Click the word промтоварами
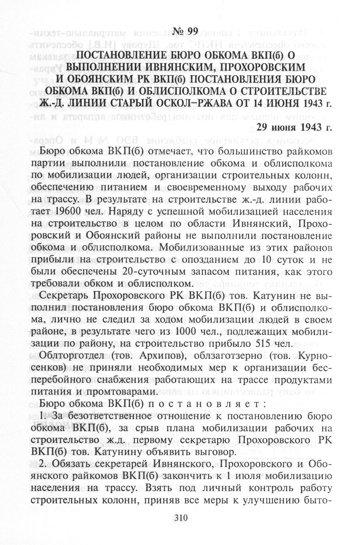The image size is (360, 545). point(120,392)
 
